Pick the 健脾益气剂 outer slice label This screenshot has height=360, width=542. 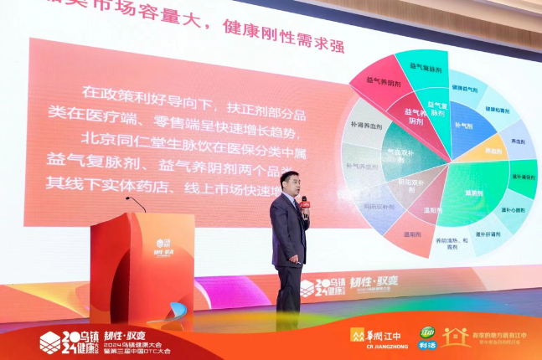pos(467,87)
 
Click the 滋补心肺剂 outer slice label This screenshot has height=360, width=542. pos(513,210)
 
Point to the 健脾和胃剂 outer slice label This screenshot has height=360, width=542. pos(498,109)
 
